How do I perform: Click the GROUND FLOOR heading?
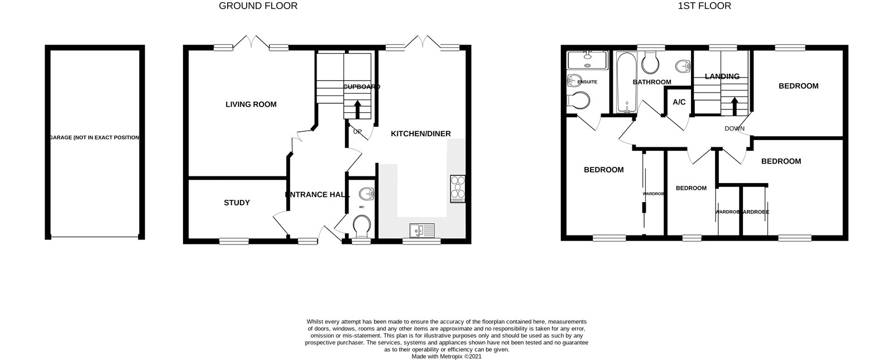pos(258,6)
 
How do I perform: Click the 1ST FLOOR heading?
pos(704,6)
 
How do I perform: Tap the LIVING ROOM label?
pos(251,104)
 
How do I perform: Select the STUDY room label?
pos(237,203)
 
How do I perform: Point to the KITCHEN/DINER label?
pos(420,134)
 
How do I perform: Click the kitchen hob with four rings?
pos(457,189)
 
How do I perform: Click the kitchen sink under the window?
pos(421,230)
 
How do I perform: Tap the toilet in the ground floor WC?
pos(362,227)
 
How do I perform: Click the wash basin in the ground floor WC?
pos(366,194)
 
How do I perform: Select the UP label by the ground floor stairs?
pos(357,132)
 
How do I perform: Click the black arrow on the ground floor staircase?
pos(357,108)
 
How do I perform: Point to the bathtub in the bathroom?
pos(623,81)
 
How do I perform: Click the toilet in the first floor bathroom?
pos(650,63)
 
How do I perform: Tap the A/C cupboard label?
pos(679,103)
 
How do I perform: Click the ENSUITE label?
pos(587,82)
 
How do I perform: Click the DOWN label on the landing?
pos(734,128)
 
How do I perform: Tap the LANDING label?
pos(722,76)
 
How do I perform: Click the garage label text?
pos(94,137)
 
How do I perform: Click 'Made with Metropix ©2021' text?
pos(446,356)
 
